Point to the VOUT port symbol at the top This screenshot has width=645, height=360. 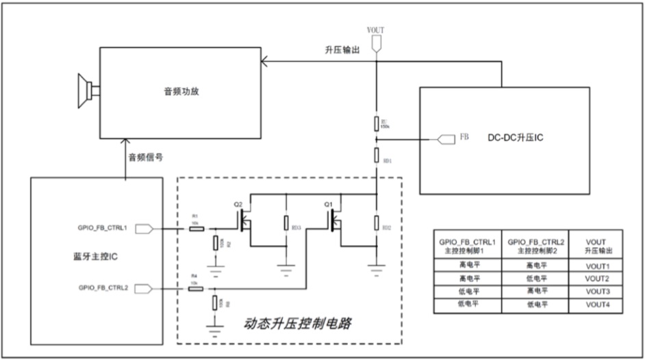[376, 43]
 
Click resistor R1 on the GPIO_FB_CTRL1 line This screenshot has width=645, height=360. [196, 229]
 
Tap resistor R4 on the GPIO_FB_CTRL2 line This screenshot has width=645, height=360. [196, 289]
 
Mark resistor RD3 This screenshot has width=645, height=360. [286, 223]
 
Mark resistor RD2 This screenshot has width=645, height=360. [376, 223]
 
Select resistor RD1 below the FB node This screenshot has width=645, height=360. [376, 155]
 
